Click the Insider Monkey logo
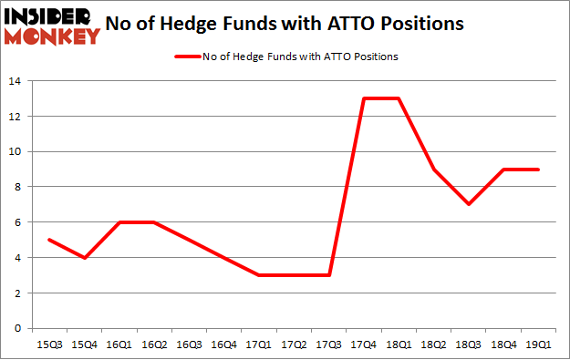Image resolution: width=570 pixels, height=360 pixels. click(52, 26)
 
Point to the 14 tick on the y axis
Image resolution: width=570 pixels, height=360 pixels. click(18, 81)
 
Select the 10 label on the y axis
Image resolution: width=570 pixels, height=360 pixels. click(18, 152)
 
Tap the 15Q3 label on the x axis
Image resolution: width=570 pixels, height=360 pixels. click(48, 345)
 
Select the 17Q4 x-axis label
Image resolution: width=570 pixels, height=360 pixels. click(365, 345)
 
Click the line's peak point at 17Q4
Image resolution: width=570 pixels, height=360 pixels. click(365, 98)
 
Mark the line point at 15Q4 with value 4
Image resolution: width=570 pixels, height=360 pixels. click(84, 258)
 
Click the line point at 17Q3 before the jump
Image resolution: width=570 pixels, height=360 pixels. click(329, 275)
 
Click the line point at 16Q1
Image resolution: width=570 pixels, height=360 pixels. click(119, 222)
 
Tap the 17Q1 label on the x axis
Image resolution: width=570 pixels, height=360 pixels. click(259, 345)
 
